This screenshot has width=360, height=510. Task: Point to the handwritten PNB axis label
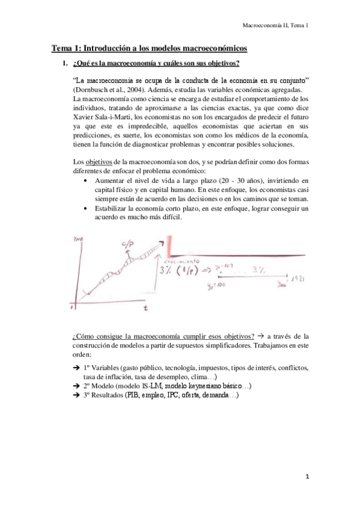tap(77, 239)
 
